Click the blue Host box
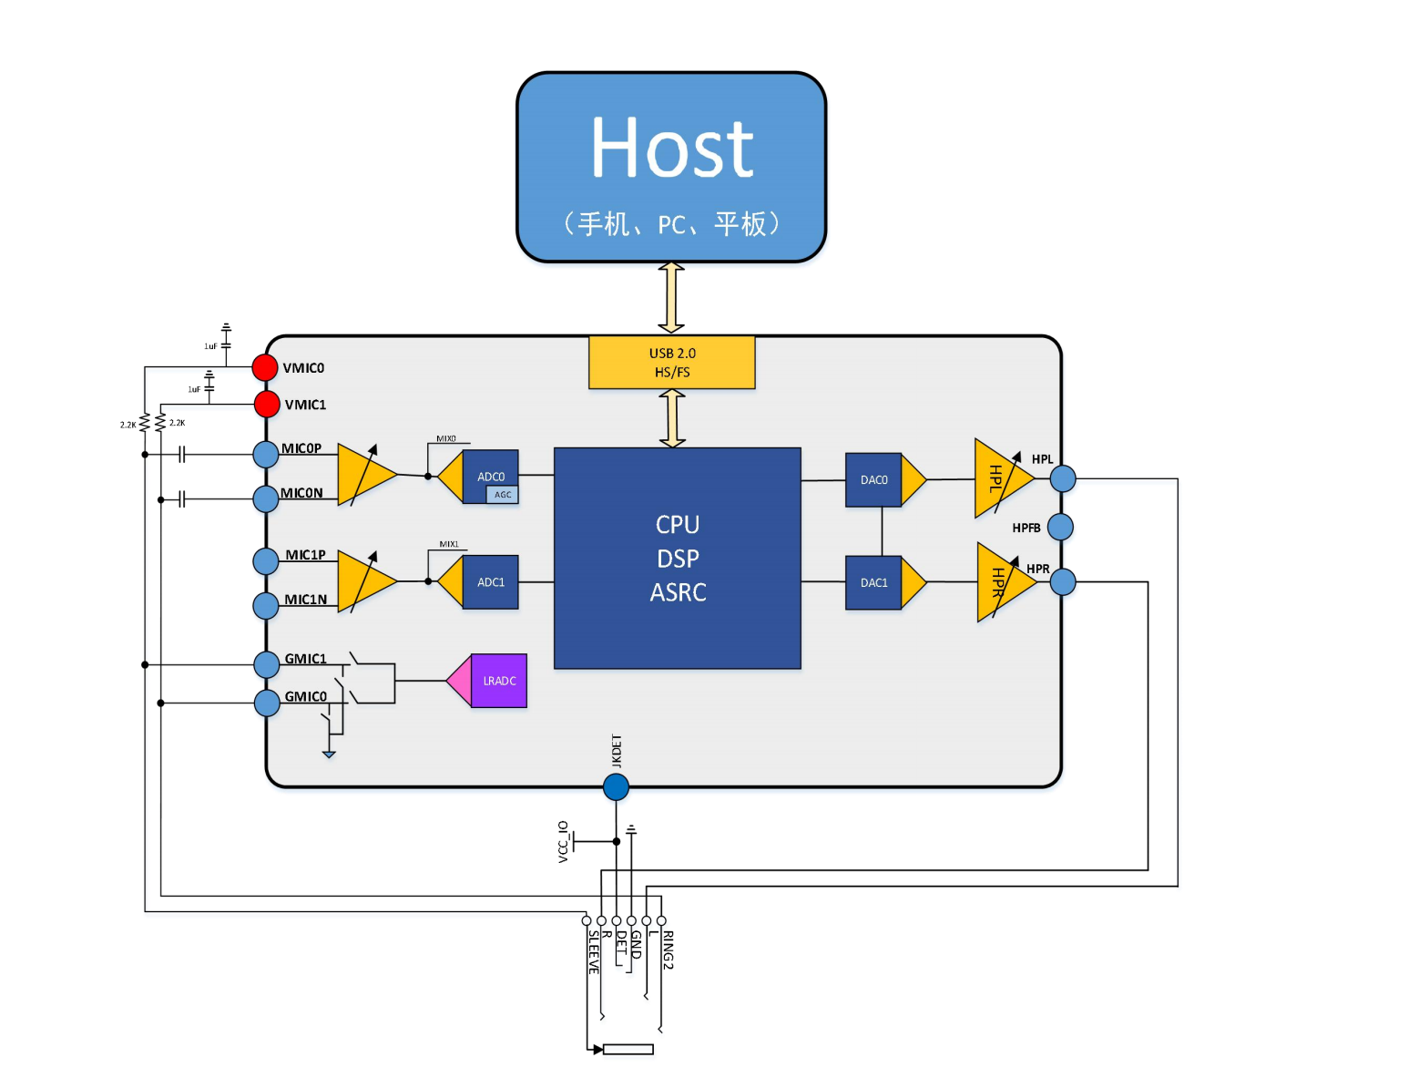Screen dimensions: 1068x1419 [671, 168]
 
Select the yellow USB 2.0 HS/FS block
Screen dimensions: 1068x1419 [671, 363]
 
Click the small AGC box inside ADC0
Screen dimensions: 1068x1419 [503, 495]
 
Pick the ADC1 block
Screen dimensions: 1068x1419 [490, 582]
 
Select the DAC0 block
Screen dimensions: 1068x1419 [873, 480]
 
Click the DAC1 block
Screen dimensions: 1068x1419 [873, 583]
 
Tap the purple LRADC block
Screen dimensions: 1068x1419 [498, 681]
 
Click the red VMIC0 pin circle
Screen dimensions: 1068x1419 [265, 367]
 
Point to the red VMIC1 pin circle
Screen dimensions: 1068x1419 [267, 404]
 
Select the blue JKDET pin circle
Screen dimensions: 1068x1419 [616, 787]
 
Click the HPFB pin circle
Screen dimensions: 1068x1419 [1060, 527]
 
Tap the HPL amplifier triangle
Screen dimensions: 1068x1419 [1000, 478]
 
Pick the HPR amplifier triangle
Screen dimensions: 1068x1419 [1002, 582]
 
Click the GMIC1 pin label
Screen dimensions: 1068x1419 [305, 659]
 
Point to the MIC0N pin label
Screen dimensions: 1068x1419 [301, 493]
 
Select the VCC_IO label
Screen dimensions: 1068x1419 [564, 841]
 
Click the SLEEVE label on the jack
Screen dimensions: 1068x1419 [594, 952]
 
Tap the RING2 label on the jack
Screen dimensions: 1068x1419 [668, 950]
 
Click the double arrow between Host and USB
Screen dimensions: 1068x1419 [671, 298]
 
